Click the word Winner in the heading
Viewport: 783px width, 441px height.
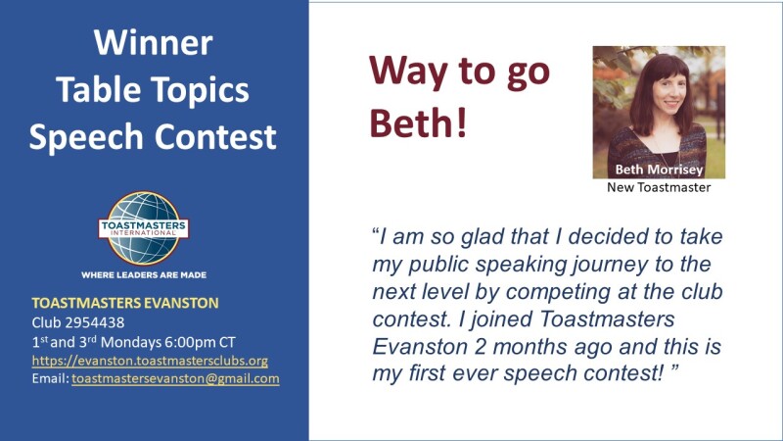point(153,42)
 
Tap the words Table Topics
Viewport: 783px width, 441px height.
point(153,90)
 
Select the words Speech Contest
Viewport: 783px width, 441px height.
point(153,137)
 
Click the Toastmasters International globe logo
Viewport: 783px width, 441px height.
point(144,228)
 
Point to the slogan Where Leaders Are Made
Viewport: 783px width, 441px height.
point(144,275)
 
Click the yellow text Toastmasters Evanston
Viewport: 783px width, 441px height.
point(125,303)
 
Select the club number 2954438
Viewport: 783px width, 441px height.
point(95,322)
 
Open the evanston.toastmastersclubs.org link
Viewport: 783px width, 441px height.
point(150,361)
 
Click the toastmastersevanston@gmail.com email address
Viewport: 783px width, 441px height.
point(175,378)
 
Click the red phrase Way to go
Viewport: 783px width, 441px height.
point(459,72)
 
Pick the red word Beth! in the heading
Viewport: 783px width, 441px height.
point(418,123)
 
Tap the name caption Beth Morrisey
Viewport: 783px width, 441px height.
point(659,170)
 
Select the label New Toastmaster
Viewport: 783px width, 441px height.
point(659,187)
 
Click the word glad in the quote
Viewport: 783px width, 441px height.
point(482,237)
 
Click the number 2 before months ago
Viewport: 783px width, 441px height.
point(480,347)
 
